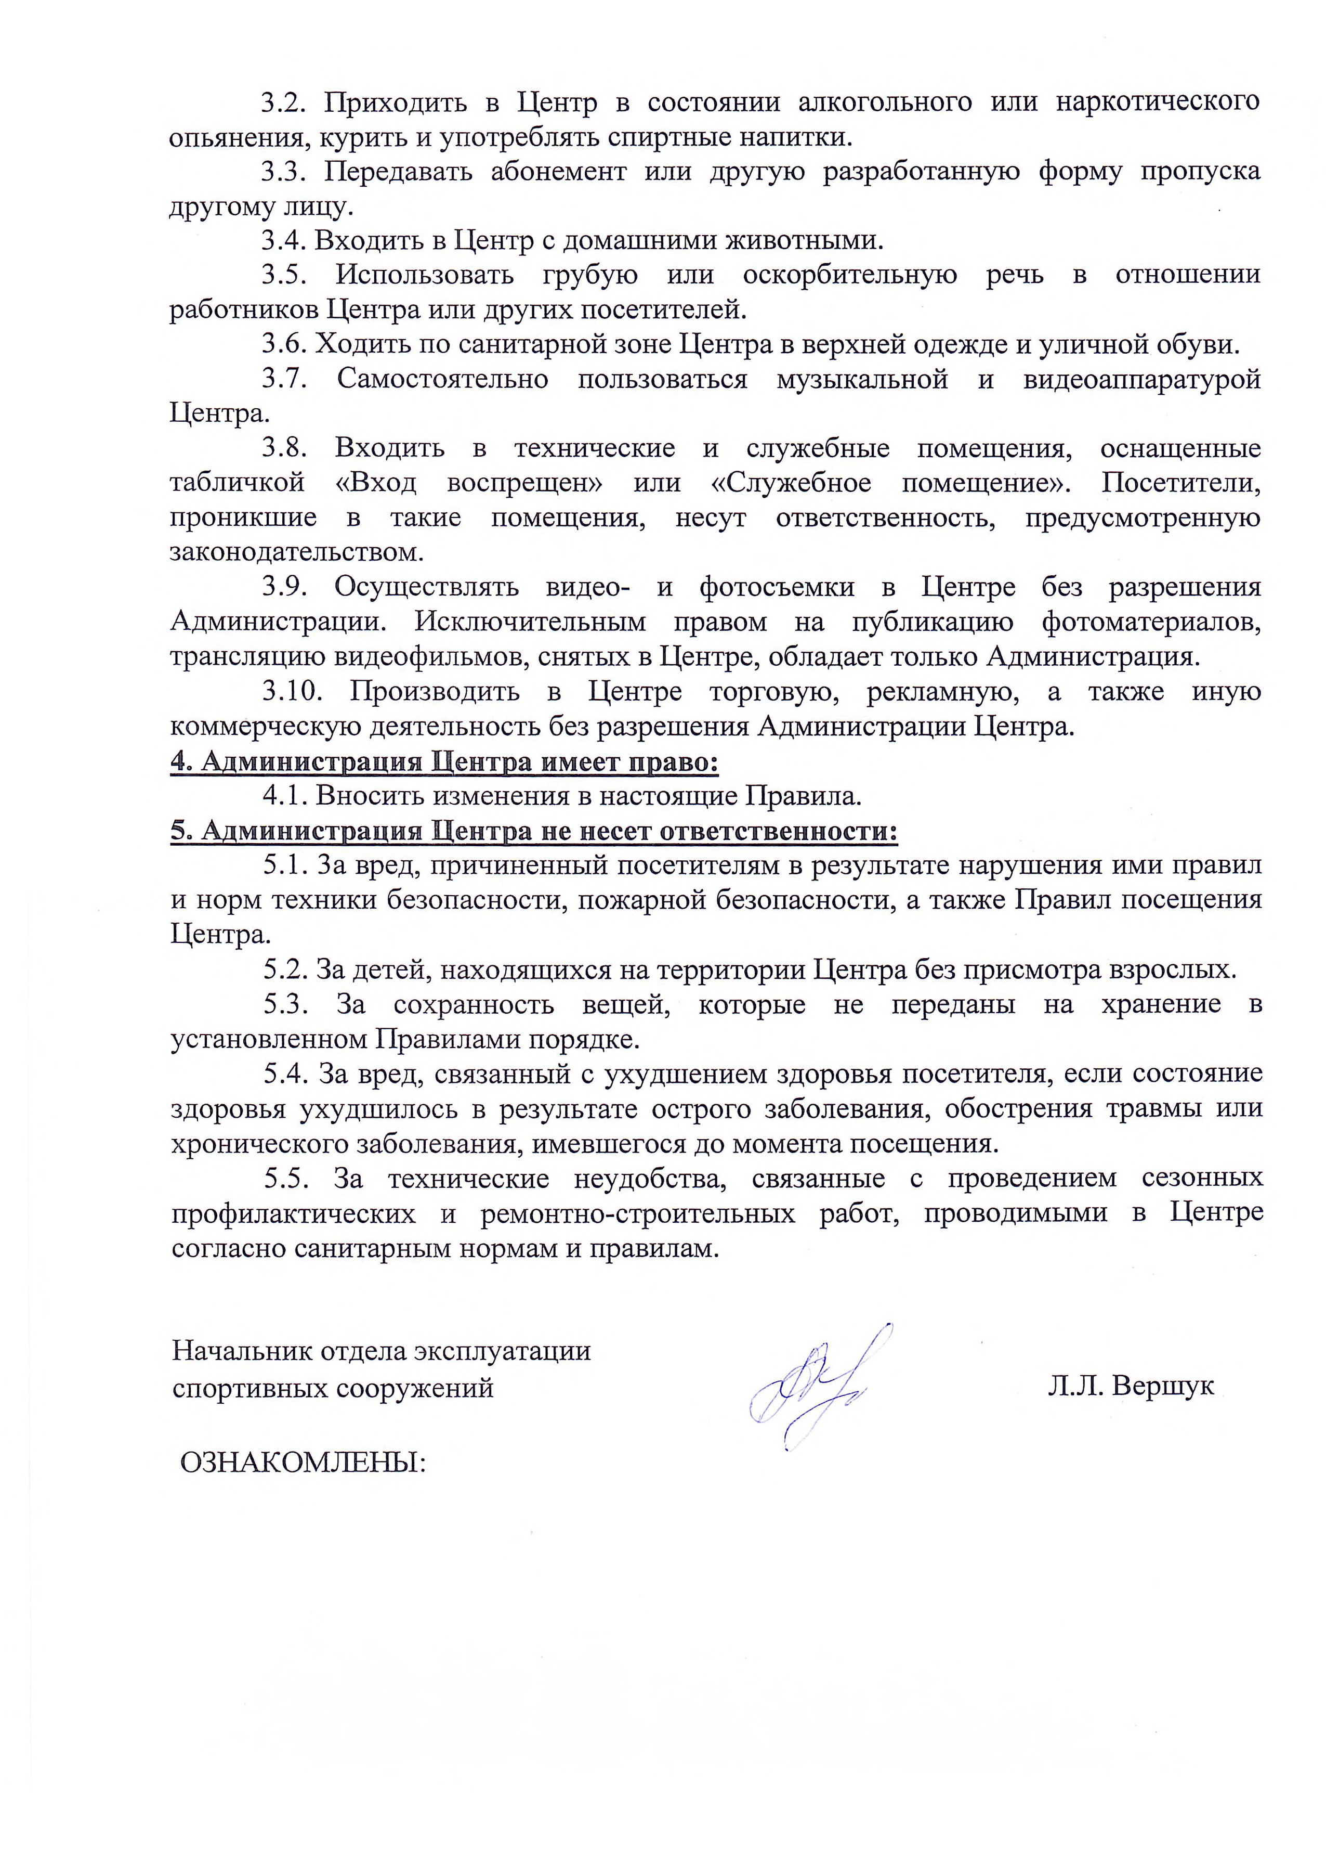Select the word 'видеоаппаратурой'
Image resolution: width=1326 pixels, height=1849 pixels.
[1141, 379]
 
